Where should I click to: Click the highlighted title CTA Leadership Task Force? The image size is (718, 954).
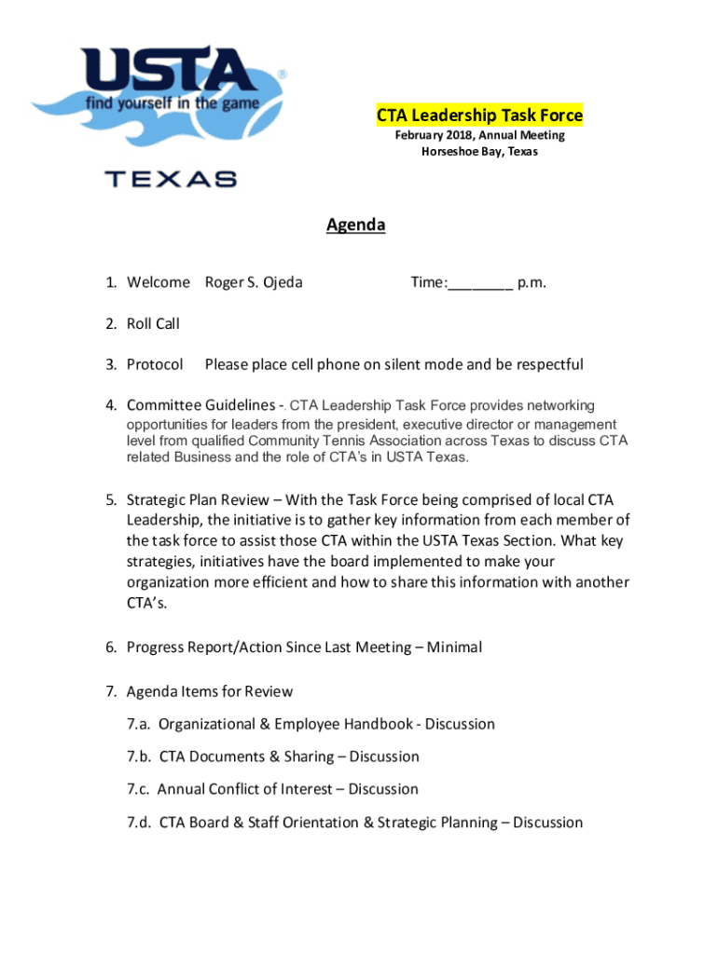coord(479,116)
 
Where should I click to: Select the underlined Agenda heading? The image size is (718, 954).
coord(355,225)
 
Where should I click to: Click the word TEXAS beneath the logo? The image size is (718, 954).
coord(171,178)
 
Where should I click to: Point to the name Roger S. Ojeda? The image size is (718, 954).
coord(254,282)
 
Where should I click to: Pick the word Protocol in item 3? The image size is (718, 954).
coord(155,364)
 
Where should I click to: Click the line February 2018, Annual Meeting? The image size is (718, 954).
coord(479,136)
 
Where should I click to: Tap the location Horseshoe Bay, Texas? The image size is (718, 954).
coord(479,152)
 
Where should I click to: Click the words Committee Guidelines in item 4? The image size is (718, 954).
coord(200,405)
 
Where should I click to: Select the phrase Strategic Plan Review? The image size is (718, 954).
coord(198,500)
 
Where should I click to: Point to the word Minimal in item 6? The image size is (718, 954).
coord(454,647)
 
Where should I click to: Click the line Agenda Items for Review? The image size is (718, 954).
coord(210,691)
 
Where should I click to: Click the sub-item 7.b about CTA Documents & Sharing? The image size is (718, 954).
coord(289,756)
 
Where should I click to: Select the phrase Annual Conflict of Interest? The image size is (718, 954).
coord(245,789)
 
